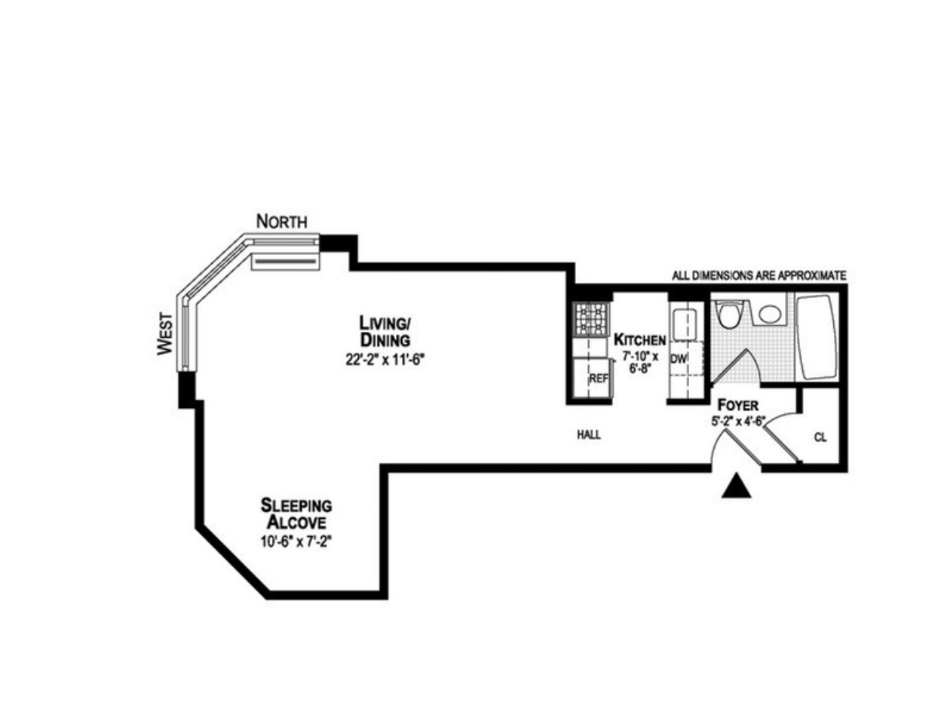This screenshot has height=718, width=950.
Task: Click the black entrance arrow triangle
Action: coord(737,487)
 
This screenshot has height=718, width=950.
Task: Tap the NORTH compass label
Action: coord(282,222)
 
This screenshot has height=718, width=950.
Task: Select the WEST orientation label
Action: coord(166,334)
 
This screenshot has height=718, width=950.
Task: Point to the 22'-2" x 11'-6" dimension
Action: coord(386,361)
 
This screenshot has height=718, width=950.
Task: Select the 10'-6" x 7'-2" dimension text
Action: coord(296,542)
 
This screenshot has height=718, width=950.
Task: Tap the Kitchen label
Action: coord(639,339)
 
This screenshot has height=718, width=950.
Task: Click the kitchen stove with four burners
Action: coord(590,319)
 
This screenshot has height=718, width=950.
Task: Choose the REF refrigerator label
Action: coord(598,379)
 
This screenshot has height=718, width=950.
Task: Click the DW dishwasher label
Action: coord(677,360)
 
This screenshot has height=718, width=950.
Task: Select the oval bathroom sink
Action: coord(770,313)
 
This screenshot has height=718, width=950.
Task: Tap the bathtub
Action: coord(817,336)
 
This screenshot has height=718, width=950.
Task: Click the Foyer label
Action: coord(737,405)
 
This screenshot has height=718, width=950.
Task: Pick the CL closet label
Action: coord(820,437)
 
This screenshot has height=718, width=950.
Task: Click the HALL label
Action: coord(589,435)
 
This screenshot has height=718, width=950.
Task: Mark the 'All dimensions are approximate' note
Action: coord(758,276)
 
